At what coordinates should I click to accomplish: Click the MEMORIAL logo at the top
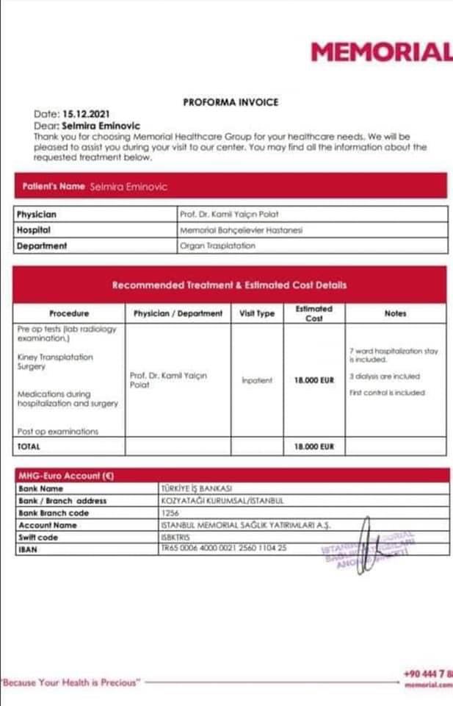[x=381, y=52]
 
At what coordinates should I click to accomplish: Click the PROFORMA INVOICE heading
[x=231, y=102]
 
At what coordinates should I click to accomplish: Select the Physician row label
[x=37, y=215]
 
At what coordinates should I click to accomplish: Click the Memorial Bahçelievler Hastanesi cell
[x=241, y=230]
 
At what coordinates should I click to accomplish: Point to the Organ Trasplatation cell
[x=218, y=246]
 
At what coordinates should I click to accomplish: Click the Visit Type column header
[x=257, y=313]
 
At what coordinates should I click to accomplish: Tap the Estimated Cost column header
[x=314, y=313]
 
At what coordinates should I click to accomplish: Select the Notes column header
[x=395, y=313]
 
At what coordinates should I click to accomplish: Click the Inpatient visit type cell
[x=257, y=380]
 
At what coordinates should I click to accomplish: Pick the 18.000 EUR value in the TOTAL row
[x=314, y=446]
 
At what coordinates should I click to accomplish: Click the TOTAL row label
[x=29, y=446]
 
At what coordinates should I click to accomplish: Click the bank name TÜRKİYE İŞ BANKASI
[x=196, y=488]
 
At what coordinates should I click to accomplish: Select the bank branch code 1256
[x=170, y=513]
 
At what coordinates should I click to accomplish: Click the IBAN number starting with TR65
[x=223, y=549]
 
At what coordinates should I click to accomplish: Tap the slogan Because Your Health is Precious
[x=70, y=682]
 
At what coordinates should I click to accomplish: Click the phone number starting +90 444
[x=428, y=674]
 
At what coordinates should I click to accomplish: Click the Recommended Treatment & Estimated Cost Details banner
[x=229, y=285]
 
